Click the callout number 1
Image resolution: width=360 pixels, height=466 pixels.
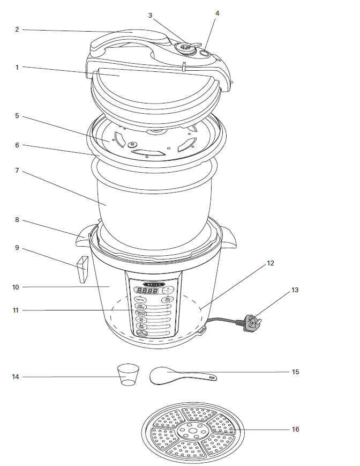point(17,67)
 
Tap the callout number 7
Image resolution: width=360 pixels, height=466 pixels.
point(17,171)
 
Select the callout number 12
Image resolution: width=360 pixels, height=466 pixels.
point(270,263)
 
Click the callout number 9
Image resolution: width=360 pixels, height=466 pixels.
point(17,248)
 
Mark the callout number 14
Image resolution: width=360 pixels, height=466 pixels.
point(16,377)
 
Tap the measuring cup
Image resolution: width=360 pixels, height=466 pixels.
point(127,374)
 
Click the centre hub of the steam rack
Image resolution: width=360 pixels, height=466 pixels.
point(192,430)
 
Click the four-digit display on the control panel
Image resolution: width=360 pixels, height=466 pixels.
point(146,291)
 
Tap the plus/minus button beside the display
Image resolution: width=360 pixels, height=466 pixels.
point(168,290)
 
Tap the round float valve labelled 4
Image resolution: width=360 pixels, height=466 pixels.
point(205,53)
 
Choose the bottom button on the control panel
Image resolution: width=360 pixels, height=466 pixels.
point(142,333)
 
